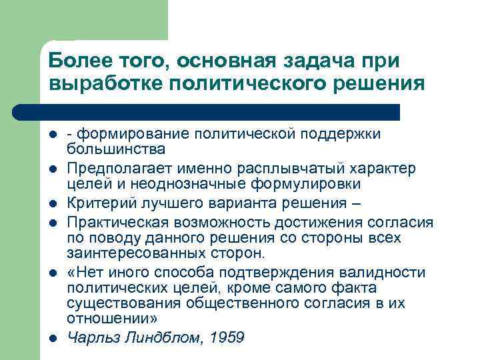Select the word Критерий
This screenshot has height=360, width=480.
click(x=99, y=203)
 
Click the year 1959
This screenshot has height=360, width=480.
click(x=227, y=337)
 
